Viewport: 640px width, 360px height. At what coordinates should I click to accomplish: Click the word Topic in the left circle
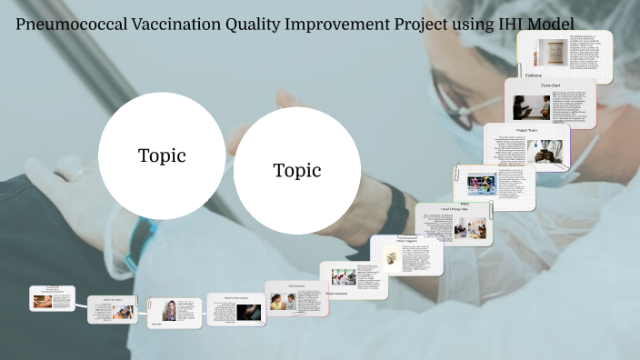[x=162, y=155]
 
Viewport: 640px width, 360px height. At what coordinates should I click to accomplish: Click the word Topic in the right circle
[x=297, y=170]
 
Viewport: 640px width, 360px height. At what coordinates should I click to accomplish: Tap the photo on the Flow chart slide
[x=531, y=107]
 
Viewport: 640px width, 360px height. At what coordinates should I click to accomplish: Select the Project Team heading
[x=528, y=130]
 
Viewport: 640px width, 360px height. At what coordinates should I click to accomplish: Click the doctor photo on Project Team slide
[x=548, y=152]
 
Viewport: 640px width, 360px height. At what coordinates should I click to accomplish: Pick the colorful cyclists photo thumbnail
[x=482, y=179]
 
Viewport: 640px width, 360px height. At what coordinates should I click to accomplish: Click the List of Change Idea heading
[x=453, y=210]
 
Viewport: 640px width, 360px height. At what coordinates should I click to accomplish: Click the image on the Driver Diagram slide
[x=392, y=256]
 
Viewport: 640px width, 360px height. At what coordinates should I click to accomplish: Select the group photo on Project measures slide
[x=344, y=276]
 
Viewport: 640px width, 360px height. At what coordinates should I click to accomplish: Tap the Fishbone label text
[x=534, y=75]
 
